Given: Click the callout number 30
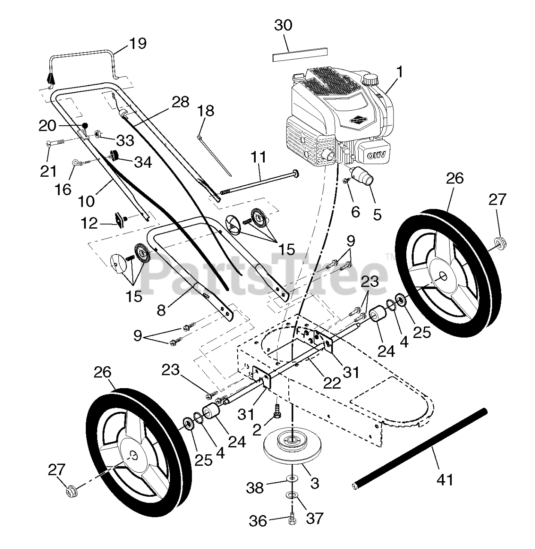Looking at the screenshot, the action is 283,25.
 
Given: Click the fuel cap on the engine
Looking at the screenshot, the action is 370,79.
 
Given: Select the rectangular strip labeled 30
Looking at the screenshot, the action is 299,54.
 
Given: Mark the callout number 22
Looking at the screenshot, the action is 332,383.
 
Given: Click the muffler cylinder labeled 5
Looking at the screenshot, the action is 363,175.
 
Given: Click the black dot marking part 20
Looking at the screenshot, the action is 85,125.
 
